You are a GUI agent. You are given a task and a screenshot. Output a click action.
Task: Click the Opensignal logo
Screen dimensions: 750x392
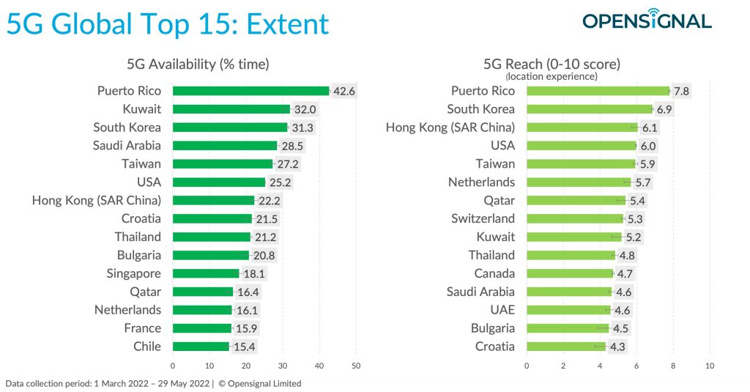(647, 20)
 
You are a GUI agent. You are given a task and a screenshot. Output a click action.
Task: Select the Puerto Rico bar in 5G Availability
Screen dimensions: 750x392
(251, 91)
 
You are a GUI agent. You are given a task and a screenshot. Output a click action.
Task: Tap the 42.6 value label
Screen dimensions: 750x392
(344, 91)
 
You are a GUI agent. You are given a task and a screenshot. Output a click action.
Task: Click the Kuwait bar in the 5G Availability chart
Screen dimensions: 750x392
(231, 109)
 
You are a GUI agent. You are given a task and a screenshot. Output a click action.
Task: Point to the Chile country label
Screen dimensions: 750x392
(146, 346)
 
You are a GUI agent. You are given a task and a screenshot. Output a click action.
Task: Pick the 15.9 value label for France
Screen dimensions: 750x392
(246, 328)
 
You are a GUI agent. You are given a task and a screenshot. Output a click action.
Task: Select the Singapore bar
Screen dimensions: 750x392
(206, 273)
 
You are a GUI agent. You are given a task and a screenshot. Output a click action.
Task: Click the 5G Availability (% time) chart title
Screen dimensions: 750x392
(198, 64)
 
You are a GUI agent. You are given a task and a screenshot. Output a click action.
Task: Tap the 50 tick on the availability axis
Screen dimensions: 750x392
(356, 366)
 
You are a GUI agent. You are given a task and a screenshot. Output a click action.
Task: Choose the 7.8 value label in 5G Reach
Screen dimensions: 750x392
(681, 91)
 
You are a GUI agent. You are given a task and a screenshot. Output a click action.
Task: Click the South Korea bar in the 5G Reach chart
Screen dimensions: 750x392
(590, 109)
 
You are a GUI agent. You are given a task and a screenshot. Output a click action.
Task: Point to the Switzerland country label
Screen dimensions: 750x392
(483, 219)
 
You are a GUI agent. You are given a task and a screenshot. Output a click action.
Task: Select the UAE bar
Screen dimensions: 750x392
(568, 310)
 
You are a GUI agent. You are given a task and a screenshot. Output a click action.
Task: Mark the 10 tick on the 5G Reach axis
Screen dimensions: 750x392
(710, 366)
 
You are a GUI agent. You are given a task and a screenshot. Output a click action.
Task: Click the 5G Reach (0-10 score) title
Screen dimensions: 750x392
(552, 64)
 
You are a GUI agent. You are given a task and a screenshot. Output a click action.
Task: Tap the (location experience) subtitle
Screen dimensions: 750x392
(552, 77)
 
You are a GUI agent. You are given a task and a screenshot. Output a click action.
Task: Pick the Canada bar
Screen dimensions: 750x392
(570, 273)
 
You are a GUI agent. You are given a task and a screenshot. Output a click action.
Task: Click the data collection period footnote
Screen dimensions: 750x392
(154, 383)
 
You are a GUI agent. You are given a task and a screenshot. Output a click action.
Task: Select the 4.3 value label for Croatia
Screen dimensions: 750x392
(617, 347)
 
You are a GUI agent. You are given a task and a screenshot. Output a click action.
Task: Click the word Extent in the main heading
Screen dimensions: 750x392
(287, 24)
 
